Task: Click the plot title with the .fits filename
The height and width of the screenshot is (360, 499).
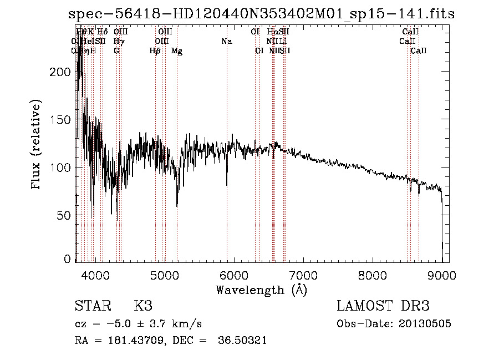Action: pyautogui.click(x=261, y=14)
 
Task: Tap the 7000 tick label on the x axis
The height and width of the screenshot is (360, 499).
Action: pyautogui.click(x=303, y=275)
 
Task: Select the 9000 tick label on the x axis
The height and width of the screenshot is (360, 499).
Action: pyautogui.click(x=442, y=275)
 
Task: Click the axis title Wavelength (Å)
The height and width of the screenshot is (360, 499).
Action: pyautogui.click(x=261, y=290)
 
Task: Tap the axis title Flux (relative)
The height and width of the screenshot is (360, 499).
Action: pyautogui.click(x=37, y=145)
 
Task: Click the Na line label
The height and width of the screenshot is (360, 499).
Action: pyautogui.click(x=226, y=42)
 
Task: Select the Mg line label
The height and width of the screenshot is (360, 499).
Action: pyautogui.click(x=177, y=51)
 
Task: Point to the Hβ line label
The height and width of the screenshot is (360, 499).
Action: pyautogui.click(x=155, y=51)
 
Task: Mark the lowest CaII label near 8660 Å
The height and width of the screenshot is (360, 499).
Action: pyautogui.click(x=419, y=51)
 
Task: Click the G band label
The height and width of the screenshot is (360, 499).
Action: pyautogui.click(x=116, y=51)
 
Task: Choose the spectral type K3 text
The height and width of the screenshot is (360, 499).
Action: pyautogui.click(x=142, y=306)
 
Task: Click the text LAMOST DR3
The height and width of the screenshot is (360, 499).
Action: pyautogui.click(x=383, y=306)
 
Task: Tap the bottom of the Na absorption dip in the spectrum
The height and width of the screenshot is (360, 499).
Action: pyautogui.click(x=227, y=186)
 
